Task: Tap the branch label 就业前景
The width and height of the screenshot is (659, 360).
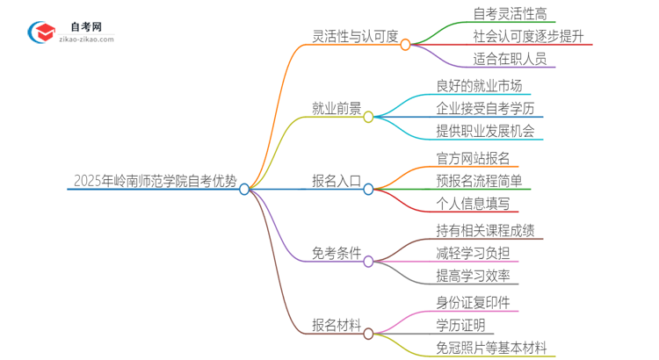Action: click(x=337, y=109)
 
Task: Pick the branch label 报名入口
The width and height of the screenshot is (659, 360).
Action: click(x=337, y=182)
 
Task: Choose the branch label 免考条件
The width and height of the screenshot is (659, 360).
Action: click(x=337, y=254)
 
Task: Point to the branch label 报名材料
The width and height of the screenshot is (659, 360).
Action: click(x=337, y=326)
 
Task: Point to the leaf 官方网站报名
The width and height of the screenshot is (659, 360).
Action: click(x=473, y=158)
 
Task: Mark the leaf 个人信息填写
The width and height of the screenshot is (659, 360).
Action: click(x=473, y=204)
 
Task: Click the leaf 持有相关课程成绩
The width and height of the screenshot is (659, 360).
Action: click(x=485, y=230)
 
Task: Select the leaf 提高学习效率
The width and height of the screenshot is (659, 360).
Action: click(x=473, y=276)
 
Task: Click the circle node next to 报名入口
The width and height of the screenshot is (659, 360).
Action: click(x=369, y=189)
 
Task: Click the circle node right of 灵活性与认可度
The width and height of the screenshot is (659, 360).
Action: click(x=405, y=44)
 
